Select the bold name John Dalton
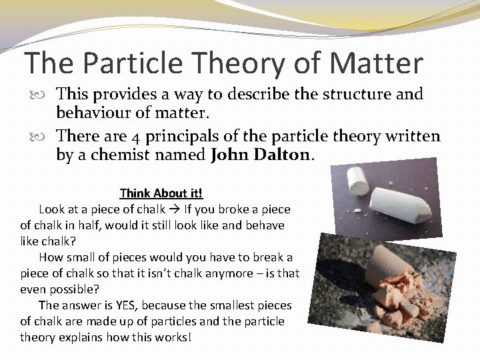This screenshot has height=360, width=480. [x=261, y=155]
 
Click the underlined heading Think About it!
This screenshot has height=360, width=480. [x=161, y=193]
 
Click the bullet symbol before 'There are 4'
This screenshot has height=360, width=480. [x=45, y=137]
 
